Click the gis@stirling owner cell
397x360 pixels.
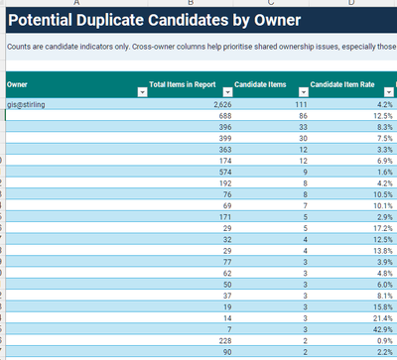pyautogui.click(x=26, y=105)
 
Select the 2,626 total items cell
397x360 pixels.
pyautogui.click(x=222, y=105)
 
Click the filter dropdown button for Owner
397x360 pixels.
pyautogui.click(x=142, y=92)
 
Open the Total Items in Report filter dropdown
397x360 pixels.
pyautogui.click(x=227, y=92)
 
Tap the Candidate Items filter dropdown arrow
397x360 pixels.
pyautogui.click(x=304, y=92)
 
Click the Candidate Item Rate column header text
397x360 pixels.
pyautogui.click(x=342, y=84)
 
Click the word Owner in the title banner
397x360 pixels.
pyautogui.click(x=277, y=20)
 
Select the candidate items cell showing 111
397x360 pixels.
pyautogui.click(x=301, y=105)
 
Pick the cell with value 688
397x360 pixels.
pyautogui.click(x=225, y=116)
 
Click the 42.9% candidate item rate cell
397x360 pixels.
pyautogui.click(x=383, y=329)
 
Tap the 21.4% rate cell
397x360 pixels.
pyautogui.click(x=383, y=318)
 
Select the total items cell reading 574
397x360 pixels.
pyautogui.click(x=225, y=173)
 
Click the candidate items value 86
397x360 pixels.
pyautogui.click(x=303, y=116)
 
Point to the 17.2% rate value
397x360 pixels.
pyautogui.click(x=383, y=228)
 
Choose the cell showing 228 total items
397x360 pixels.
pyautogui.click(x=225, y=341)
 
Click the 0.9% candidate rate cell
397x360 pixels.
pyautogui.click(x=385, y=341)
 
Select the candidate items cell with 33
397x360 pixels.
pyautogui.click(x=303, y=127)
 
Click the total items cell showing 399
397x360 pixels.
pyautogui.click(x=225, y=139)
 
